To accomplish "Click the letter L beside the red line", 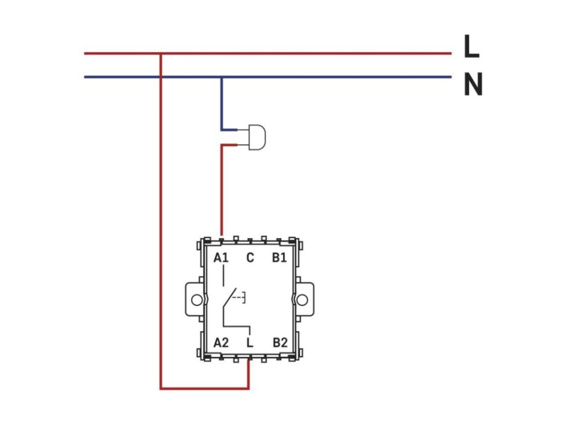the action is (x=471, y=48).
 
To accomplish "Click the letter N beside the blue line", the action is (x=473, y=85).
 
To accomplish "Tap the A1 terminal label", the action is (x=221, y=258).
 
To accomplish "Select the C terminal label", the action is (x=250, y=258).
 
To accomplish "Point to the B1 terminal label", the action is (x=279, y=258).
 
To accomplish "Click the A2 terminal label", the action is (x=221, y=343).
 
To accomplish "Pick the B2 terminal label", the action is (x=280, y=343).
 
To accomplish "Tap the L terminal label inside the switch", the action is (x=250, y=343).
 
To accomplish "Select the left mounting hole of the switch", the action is (x=196, y=300).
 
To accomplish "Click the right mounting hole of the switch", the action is (x=302, y=300).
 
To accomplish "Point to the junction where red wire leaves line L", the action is (x=160, y=54).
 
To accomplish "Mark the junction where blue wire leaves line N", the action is (x=222, y=77).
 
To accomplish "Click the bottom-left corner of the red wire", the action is (x=160, y=388).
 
